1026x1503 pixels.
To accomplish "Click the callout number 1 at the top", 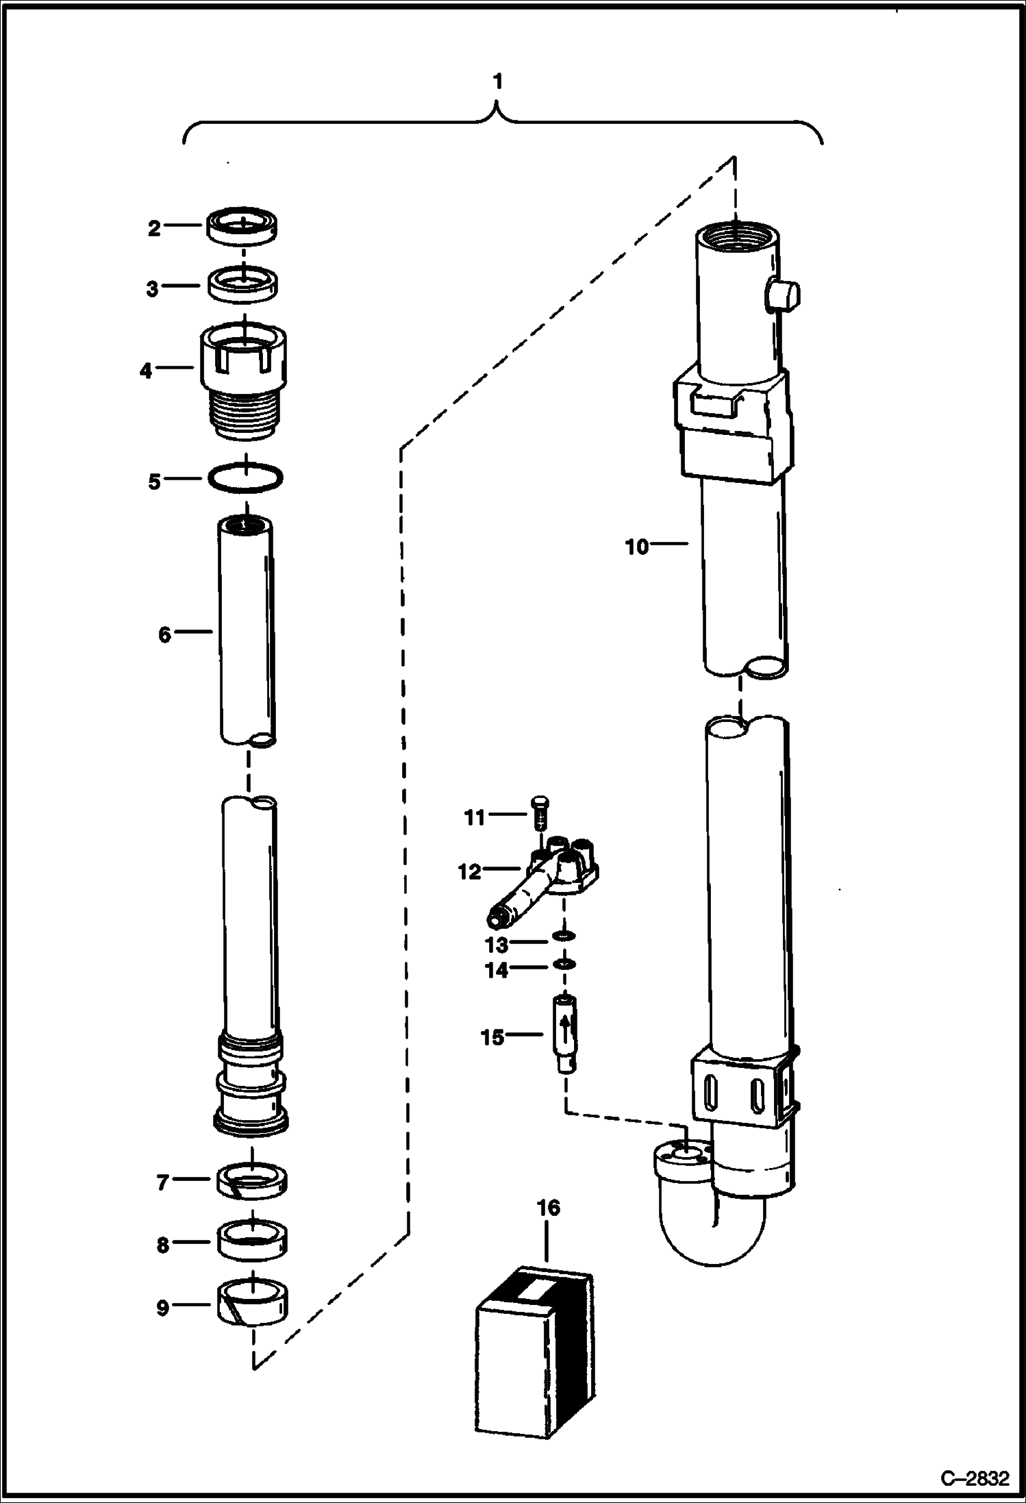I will (x=498, y=82).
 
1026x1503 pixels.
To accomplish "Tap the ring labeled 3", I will (x=245, y=284).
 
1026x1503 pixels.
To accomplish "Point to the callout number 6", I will (x=164, y=634).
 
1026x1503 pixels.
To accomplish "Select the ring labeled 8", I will (x=252, y=1241).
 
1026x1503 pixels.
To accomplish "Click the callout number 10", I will (x=636, y=547).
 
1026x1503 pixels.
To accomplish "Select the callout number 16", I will (x=548, y=1208).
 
